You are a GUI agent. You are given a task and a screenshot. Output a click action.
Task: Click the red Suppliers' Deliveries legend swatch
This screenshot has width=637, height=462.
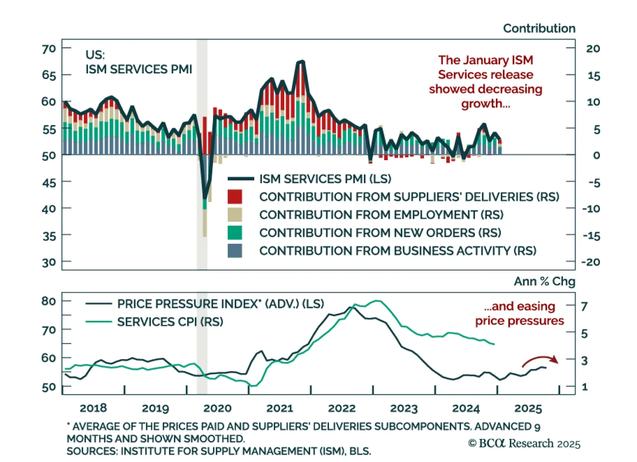234,197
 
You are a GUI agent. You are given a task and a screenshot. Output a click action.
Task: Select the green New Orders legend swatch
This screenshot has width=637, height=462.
234,233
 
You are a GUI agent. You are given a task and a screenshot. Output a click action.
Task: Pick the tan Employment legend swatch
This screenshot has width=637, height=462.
234,215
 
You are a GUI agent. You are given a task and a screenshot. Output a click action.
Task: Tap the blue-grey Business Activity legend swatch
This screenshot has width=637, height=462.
234,251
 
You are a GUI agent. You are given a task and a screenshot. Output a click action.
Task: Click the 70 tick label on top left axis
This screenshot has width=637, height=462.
49,49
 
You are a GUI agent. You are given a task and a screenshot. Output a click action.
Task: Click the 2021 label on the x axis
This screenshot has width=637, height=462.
279,408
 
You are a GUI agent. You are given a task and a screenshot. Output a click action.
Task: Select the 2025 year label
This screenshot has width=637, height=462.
528,408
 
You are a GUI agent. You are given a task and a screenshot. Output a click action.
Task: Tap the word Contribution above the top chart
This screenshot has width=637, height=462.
539,28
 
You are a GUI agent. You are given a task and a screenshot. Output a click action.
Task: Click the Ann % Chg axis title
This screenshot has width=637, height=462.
544,281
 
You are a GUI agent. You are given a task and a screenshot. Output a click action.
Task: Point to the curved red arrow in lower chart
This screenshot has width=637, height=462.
540,360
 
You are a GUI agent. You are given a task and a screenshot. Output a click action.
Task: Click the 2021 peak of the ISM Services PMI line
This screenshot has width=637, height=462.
301,61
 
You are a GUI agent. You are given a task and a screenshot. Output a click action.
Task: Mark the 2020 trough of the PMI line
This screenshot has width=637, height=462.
205,198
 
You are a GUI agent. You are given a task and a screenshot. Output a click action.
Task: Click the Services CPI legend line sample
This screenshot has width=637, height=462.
98,321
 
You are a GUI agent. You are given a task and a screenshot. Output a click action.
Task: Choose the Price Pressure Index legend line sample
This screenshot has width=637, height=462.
98,304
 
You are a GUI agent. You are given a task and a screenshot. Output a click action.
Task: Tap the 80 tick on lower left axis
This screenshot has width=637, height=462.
49,301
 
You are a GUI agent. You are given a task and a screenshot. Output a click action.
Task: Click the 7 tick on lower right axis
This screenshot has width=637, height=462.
584,306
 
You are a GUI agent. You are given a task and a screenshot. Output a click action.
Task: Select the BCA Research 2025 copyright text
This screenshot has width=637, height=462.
524,443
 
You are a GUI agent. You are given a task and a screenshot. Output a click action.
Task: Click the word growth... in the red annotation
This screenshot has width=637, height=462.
485,104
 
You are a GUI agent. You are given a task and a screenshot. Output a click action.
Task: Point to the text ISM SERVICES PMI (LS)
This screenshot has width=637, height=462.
325,179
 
